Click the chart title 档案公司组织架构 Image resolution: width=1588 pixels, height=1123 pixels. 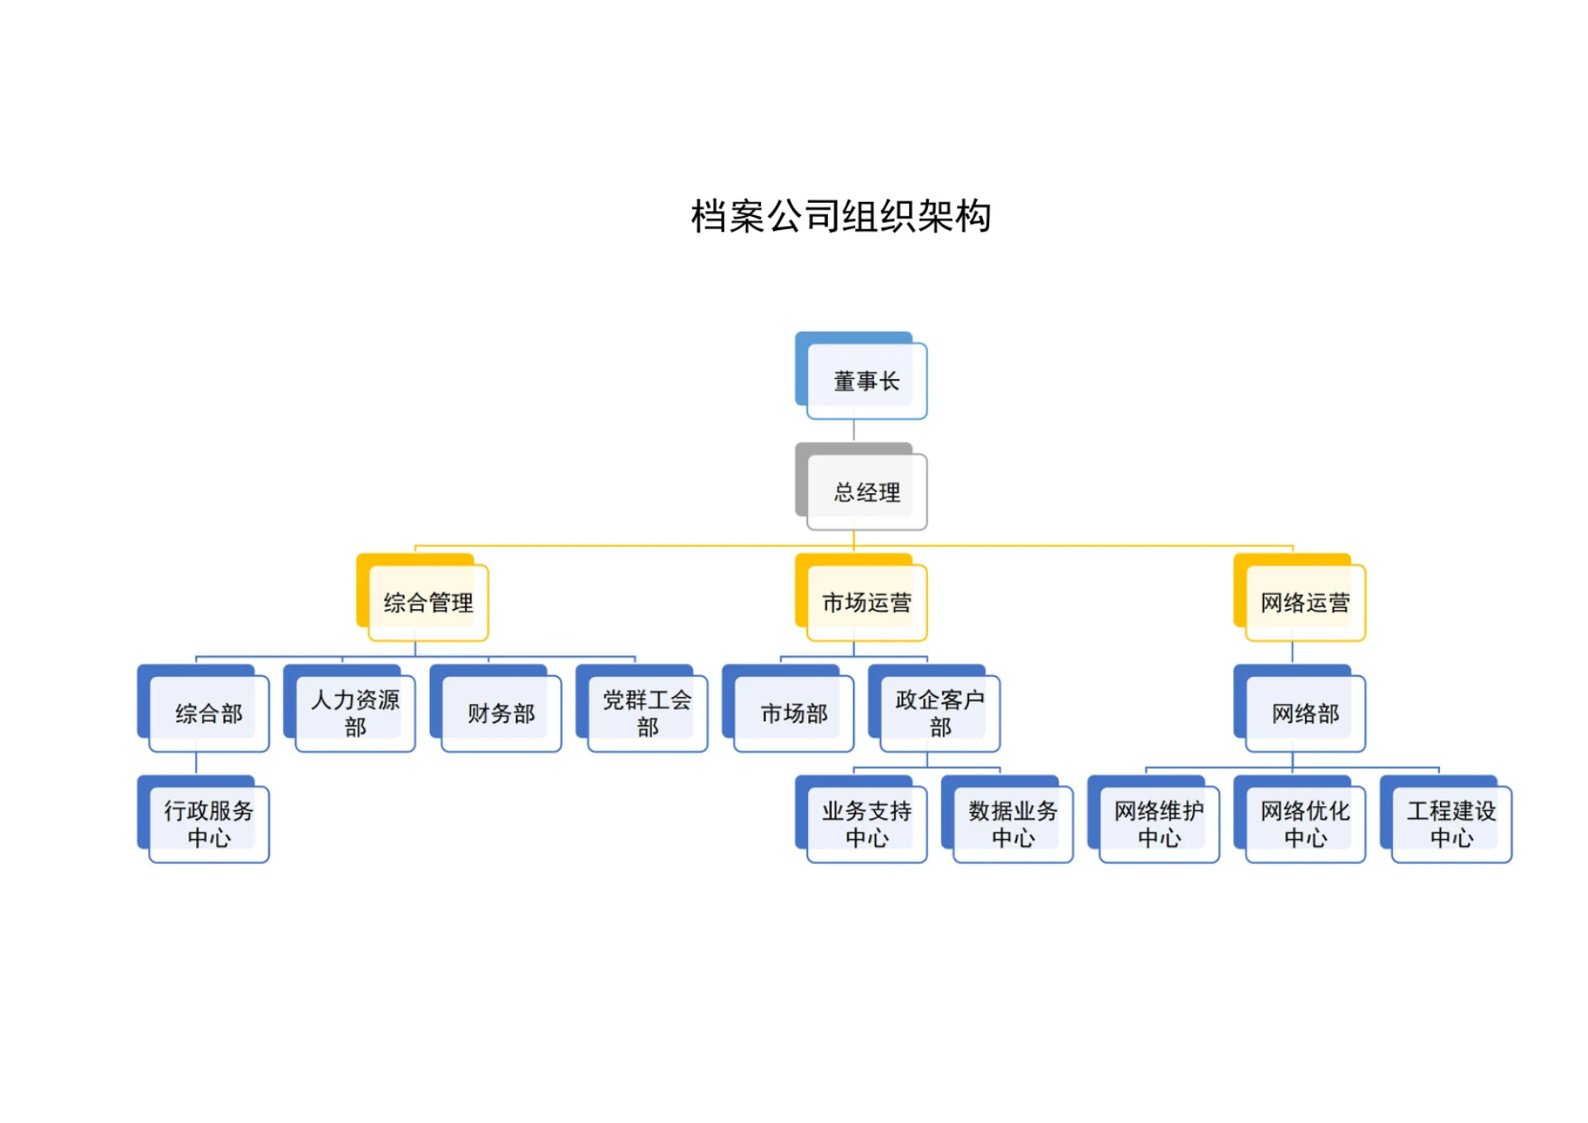pyautogui.click(x=840, y=217)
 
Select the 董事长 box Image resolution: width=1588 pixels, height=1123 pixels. pyautogui.click(x=866, y=381)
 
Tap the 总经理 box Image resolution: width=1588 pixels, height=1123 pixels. pyautogui.click(x=866, y=492)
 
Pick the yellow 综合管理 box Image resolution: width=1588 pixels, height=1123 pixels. pyautogui.click(x=428, y=602)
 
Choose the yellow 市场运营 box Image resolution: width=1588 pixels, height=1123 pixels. pyautogui.click(x=866, y=602)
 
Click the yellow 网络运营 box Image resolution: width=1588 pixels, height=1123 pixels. pyautogui.click(x=1304, y=602)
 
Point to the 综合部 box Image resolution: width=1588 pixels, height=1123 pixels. pyautogui.click(x=208, y=713)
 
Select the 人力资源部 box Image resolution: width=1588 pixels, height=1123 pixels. pyautogui.click(x=355, y=713)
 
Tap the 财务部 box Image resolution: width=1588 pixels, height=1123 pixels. pyautogui.click(x=501, y=713)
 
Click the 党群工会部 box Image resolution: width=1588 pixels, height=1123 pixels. pyautogui.click(x=647, y=713)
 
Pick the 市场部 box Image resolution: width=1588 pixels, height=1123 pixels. pyautogui.click(x=793, y=713)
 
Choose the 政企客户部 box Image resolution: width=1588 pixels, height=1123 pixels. pyautogui.click(x=940, y=713)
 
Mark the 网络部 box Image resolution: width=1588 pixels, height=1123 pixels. pyautogui.click(x=1304, y=713)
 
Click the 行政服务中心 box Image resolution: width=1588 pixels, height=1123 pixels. pyautogui.click(x=208, y=824)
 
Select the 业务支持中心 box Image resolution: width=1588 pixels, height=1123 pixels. pyautogui.click(x=866, y=824)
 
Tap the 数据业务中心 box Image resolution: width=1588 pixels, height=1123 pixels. pyautogui.click(x=1012, y=824)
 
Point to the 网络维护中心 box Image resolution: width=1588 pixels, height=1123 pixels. pyautogui.click(x=1159, y=824)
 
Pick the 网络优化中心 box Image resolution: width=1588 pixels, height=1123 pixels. pyautogui.click(x=1304, y=824)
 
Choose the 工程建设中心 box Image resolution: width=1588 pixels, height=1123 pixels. pyautogui.click(x=1451, y=824)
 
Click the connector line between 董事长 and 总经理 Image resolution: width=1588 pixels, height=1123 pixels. pyautogui.click(x=854, y=430)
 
